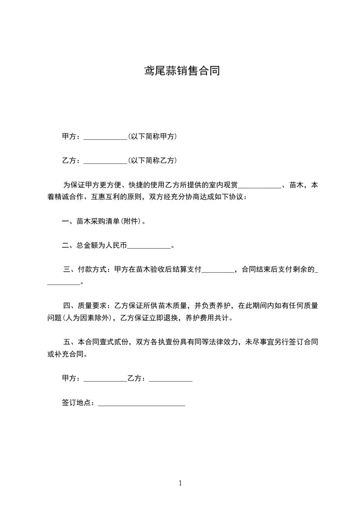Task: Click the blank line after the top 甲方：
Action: tap(106, 137)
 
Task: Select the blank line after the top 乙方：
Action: tap(106, 161)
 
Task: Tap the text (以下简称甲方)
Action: tap(153, 137)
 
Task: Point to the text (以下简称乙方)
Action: tap(153, 161)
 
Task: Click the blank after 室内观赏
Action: tap(260, 186)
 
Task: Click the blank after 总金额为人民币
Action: tap(148, 246)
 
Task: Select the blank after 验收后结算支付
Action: tap(217, 270)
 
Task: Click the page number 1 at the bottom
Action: tap(180, 484)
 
